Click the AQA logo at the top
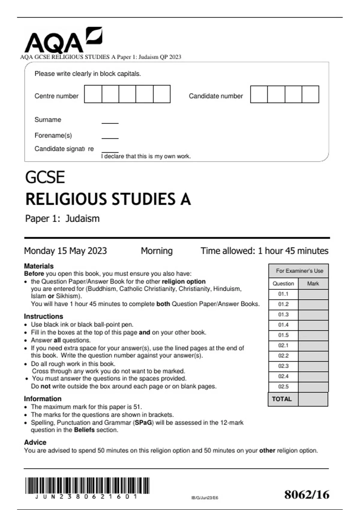pos(63,40)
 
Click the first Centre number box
pos(93,94)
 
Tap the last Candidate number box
pos(310,94)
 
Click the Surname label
pos(48,120)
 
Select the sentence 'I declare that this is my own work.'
pos(146,156)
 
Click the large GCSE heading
pos(45,177)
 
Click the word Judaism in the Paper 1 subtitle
pos(82,218)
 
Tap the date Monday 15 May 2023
pos(65,251)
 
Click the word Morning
pos(157,251)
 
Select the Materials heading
pos(39,266)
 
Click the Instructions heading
pos(43,316)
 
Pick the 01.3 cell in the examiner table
pos(283,314)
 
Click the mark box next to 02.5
pos(313,387)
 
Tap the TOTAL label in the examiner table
pos(282,399)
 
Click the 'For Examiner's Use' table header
pos(299,271)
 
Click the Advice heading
pos(35,442)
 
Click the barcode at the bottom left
pos(87,486)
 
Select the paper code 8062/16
pos(307,495)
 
